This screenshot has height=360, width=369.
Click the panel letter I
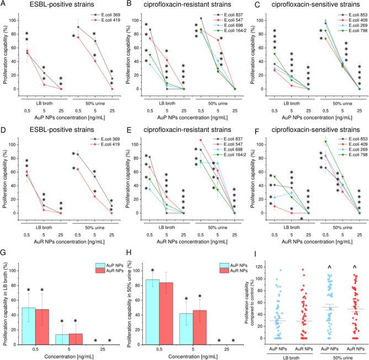pyautogui.click(x=249, y=254)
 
